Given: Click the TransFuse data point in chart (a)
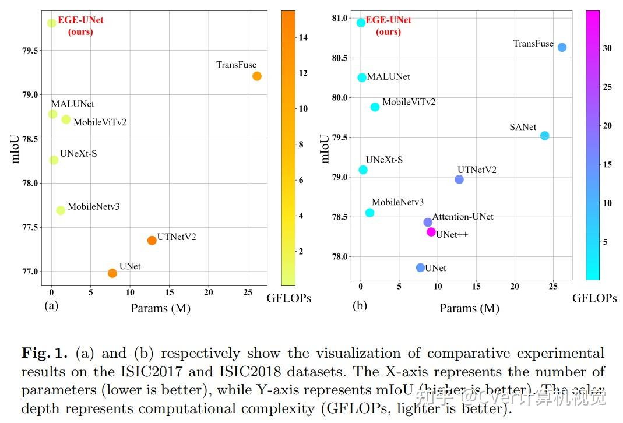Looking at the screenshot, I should [x=257, y=76].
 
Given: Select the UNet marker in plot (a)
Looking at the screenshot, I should [x=112, y=273].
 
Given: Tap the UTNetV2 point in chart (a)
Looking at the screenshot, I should [x=152, y=240].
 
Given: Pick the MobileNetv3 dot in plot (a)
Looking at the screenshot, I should [x=61, y=210].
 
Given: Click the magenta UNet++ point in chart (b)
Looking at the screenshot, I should [x=431, y=232].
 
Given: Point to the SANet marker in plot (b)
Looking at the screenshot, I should [x=544, y=136].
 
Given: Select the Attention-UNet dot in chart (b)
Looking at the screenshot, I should [x=428, y=222].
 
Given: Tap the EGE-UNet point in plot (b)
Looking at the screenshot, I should [x=361, y=23].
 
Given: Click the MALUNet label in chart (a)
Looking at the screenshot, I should [x=72, y=104].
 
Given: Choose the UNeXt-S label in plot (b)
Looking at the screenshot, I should [x=384, y=160].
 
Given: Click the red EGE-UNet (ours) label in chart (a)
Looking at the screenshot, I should [x=80, y=26].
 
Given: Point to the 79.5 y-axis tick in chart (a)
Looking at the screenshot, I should [x=31, y=51].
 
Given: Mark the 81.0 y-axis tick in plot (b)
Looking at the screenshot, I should [x=339, y=18].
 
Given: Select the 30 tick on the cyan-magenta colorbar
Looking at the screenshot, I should [x=607, y=48].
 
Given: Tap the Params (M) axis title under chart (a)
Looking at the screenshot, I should [x=160, y=308].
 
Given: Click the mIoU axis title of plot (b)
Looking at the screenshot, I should [x=325, y=149].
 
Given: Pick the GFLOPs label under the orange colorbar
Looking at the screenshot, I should [x=288, y=298].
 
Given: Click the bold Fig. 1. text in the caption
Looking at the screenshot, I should [x=45, y=353].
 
